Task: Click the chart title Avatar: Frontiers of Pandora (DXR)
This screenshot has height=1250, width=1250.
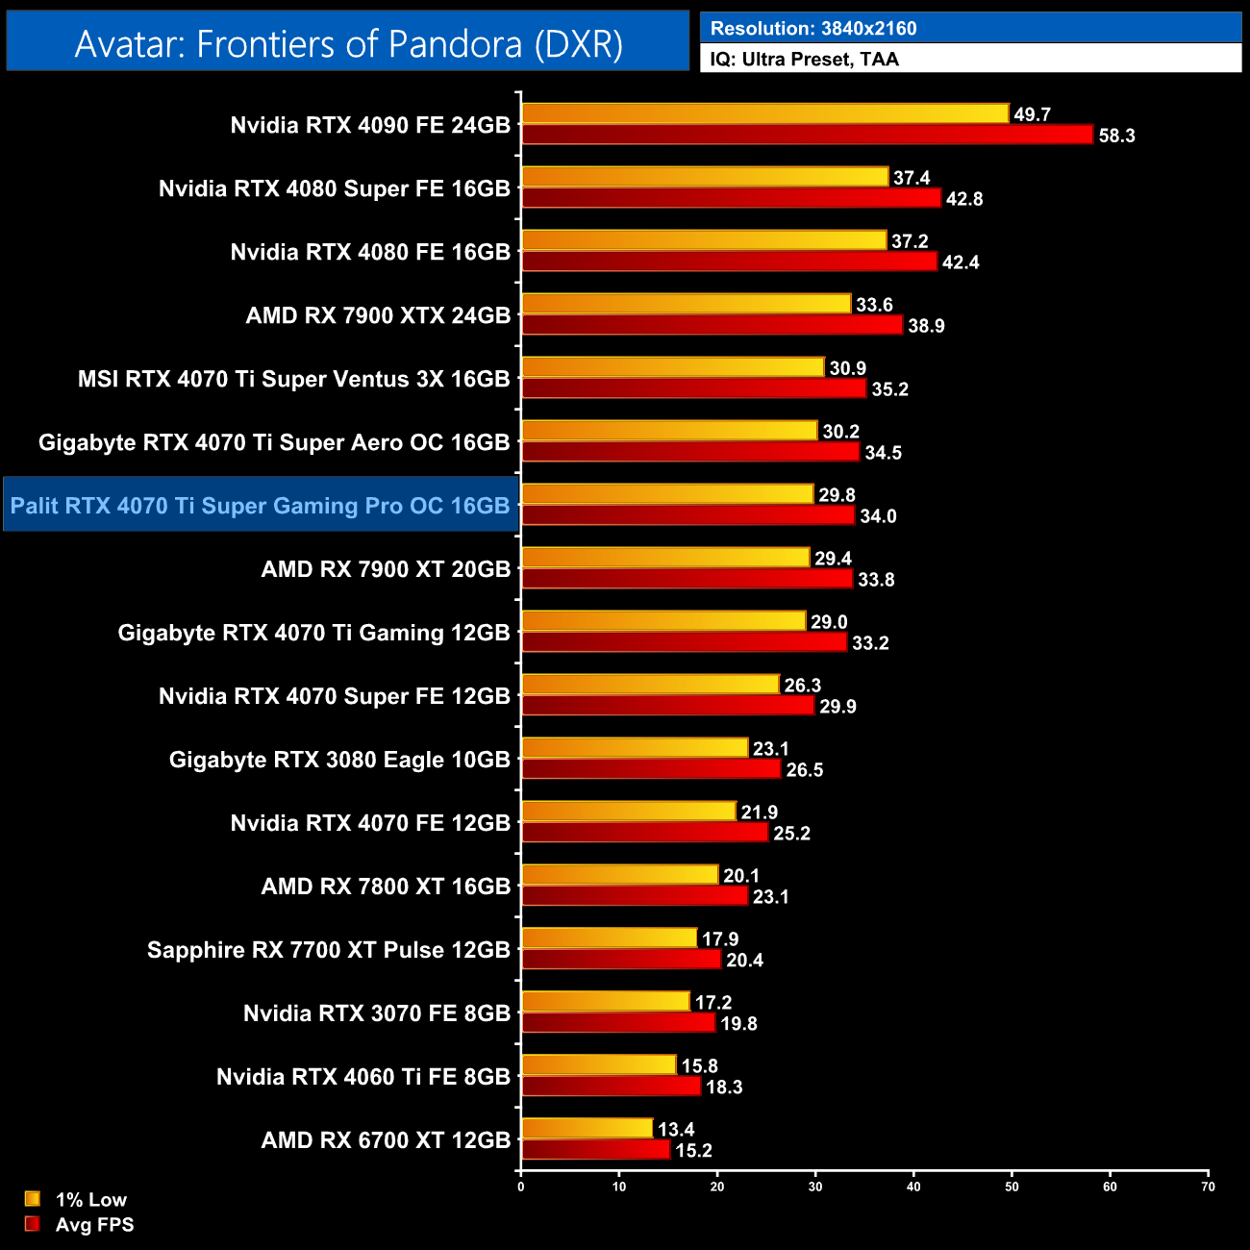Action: point(348,44)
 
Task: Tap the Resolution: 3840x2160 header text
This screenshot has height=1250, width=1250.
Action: point(812,28)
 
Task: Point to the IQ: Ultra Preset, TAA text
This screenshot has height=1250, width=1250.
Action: point(804,60)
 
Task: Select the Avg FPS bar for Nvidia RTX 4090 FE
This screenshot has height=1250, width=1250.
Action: point(807,135)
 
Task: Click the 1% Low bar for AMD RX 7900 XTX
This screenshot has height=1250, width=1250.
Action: point(686,305)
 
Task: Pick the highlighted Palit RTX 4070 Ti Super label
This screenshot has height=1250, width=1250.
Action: point(261,506)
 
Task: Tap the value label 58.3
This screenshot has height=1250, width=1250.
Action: point(1116,136)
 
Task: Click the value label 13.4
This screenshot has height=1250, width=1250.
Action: point(676,1130)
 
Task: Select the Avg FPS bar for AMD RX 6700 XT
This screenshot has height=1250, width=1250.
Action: point(595,1150)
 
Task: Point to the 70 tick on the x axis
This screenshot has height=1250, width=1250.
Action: point(1208,1187)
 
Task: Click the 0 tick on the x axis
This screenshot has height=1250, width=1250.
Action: point(521,1187)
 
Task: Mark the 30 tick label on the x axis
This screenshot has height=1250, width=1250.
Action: point(815,1187)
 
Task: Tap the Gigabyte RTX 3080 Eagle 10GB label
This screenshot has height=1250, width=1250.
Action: point(339,760)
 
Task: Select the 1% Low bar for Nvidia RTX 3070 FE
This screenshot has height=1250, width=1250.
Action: point(606,1002)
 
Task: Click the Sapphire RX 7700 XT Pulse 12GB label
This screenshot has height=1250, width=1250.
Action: point(328,950)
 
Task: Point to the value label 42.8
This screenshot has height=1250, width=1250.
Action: point(963,199)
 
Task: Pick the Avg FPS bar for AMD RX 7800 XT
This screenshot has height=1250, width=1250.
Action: point(635,896)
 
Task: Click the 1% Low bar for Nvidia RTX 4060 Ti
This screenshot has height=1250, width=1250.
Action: point(598,1065)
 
